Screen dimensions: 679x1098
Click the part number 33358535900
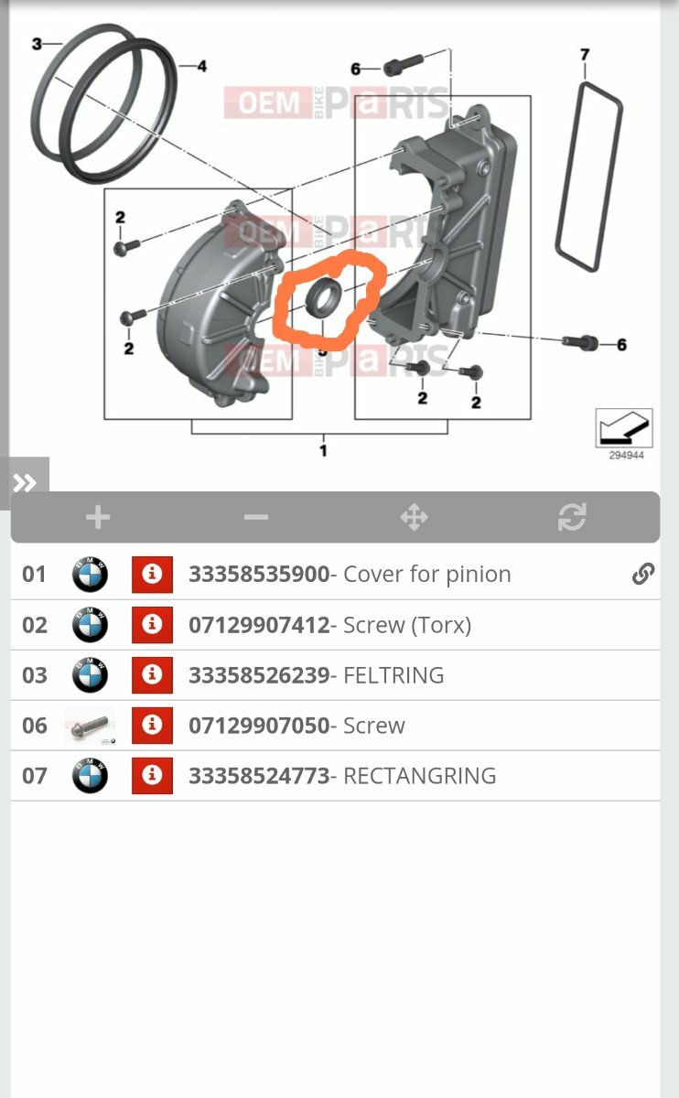(259, 574)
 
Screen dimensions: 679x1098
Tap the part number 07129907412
(259, 625)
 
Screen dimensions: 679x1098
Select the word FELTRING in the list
(393, 675)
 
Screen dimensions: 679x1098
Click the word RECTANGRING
(420, 776)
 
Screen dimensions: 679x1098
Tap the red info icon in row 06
(152, 726)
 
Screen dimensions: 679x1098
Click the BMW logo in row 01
(90, 574)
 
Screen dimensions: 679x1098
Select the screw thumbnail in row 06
(91, 726)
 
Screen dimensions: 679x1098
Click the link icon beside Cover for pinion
(642, 574)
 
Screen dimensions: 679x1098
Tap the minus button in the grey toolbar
(256, 517)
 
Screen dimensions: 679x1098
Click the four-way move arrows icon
(415, 517)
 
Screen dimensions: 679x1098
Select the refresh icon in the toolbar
(572, 517)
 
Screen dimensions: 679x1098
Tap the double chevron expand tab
(25, 483)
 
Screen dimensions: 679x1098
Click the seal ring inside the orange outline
(324, 296)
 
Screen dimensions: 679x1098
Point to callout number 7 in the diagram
(585, 54)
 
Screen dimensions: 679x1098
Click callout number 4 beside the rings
(202, 66)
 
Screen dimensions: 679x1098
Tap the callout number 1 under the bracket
(323, 450)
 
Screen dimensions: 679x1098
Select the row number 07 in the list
(35, 776)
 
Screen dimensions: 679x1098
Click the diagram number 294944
(626, 456)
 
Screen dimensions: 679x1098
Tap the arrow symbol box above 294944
(624, 428)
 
